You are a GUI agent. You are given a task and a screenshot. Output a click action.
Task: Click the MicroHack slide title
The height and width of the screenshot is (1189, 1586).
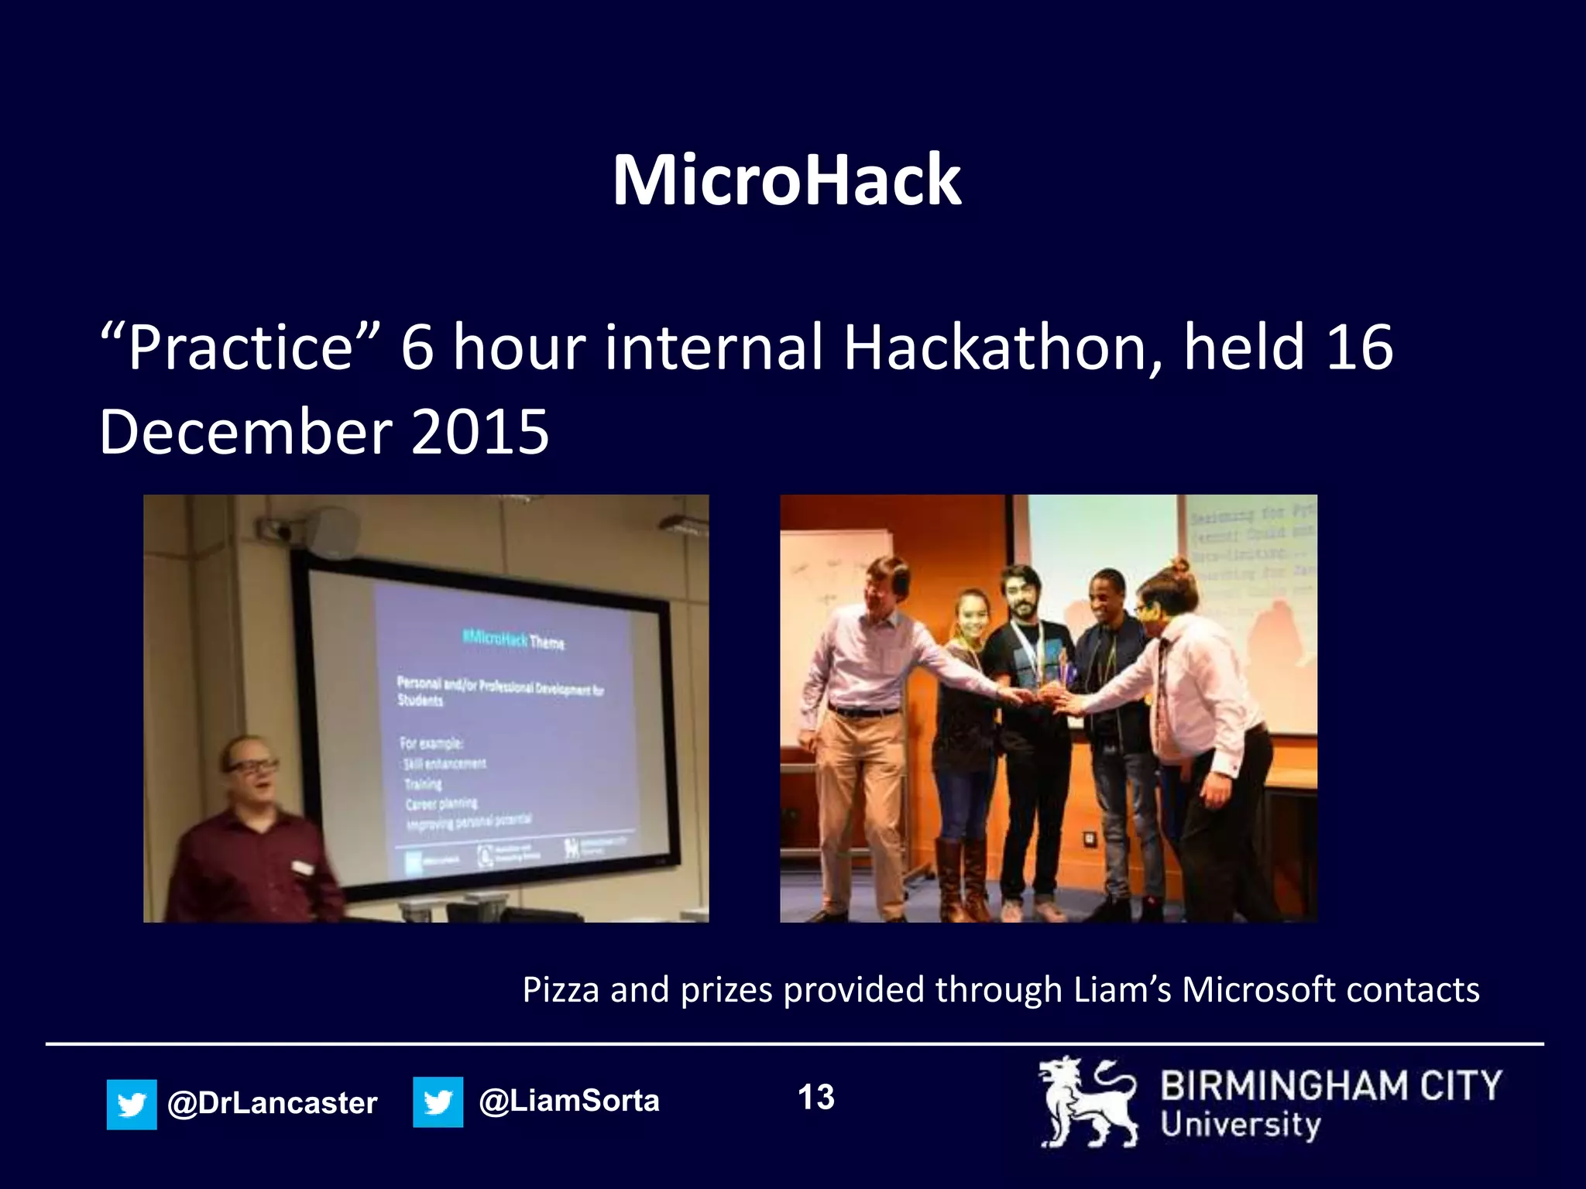786,180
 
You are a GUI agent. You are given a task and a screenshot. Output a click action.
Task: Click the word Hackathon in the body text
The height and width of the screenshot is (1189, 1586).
1002,348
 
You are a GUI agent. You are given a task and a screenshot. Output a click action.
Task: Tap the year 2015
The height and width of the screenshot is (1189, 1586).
480,432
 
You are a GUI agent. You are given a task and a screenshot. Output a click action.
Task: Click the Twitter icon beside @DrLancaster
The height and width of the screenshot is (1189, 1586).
132,1104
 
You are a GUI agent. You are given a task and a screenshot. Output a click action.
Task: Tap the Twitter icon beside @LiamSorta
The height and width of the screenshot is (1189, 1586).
438,1102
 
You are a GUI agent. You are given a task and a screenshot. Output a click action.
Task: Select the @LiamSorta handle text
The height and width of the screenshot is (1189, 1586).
569,1101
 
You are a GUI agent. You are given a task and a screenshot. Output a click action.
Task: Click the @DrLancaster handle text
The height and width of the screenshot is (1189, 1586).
272,1103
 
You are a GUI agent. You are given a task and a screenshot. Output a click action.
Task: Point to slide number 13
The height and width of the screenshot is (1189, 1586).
815,1098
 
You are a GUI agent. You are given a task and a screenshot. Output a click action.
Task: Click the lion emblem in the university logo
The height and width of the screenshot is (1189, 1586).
1088,1102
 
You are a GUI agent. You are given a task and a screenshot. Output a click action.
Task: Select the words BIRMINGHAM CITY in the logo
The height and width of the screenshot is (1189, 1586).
1330,1086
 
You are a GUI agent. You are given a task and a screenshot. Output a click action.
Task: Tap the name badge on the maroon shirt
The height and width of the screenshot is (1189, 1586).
302,867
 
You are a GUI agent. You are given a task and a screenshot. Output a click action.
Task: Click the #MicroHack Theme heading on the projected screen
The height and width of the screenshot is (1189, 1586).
513,640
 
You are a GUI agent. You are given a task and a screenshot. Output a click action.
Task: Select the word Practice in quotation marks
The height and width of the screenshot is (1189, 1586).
240,348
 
